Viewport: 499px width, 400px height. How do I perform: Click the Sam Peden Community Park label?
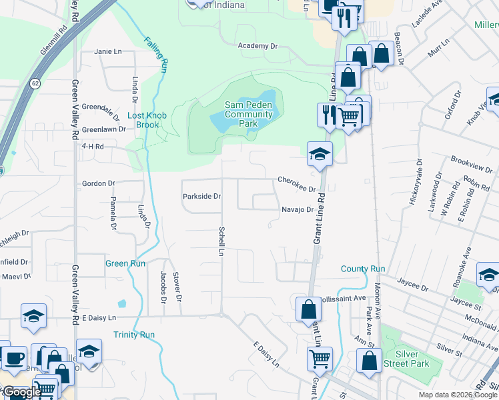coord(248,114)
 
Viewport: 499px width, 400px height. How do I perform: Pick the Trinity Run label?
coord(134,335)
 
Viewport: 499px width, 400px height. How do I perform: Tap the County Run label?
coord(363,269)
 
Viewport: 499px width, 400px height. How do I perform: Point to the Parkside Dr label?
coord(201,197)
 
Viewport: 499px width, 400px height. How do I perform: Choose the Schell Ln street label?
coord(220,241)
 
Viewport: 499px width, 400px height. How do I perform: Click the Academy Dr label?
coord(258,46)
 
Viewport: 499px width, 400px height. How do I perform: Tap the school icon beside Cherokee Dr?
coord(320,153)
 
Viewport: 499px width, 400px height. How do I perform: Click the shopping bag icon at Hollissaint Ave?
coord(308,309)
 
